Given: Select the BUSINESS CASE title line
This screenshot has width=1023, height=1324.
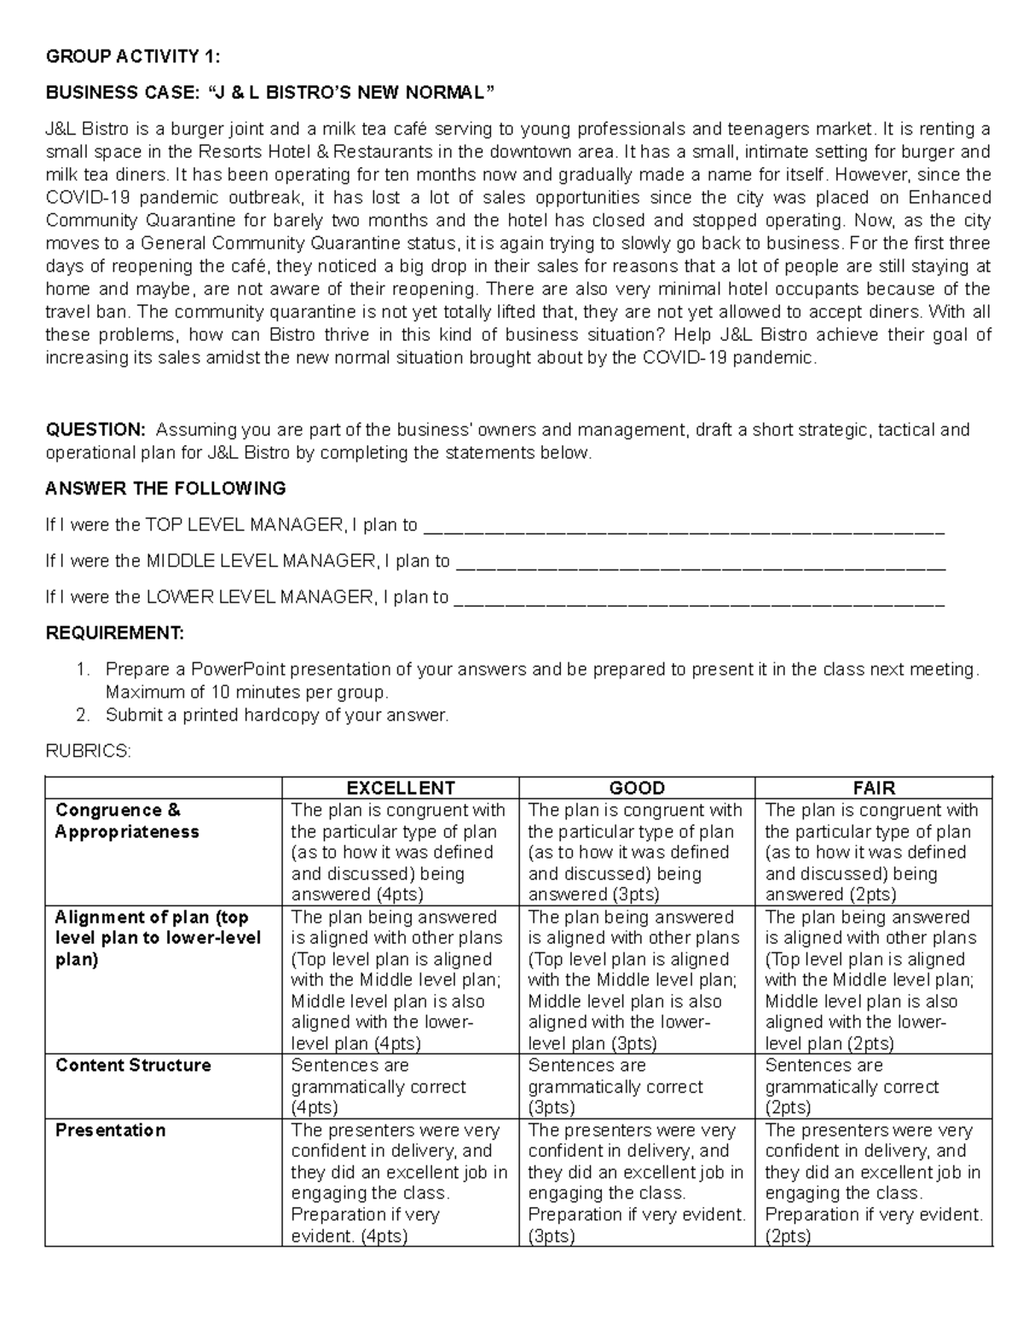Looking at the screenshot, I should (x=269, y=93).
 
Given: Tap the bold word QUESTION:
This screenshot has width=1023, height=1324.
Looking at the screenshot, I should (x=95, y=430).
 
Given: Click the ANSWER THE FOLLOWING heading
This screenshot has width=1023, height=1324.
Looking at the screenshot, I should (x=165, y=489).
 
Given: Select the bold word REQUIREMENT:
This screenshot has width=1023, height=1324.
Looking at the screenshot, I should (x=114, y=633).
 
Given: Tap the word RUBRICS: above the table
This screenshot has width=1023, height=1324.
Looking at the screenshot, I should (x=89, y=751).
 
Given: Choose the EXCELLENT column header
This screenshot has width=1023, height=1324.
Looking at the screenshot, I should (x=400, y=788).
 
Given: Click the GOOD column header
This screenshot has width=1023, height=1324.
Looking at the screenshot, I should (x=637, y=788).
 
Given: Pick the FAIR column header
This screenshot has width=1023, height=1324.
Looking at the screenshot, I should (x=874, y=788).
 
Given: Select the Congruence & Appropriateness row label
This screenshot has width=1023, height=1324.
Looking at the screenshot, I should (x=127, y=821).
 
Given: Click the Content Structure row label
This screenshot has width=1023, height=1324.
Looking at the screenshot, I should (x=133, y=1066).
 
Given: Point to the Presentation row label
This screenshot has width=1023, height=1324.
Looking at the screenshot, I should (x=110, y=1130).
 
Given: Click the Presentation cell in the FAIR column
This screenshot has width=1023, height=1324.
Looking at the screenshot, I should (x=873, y=1182).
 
